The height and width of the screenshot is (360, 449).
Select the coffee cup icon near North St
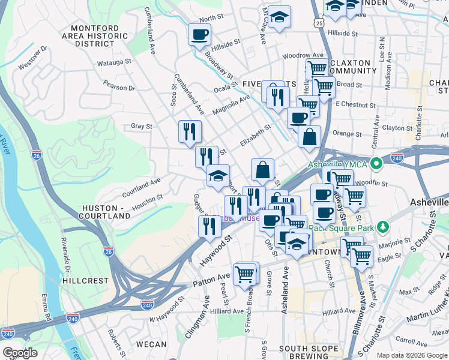click(199, 34)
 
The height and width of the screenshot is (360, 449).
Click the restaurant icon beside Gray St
click(190, 131)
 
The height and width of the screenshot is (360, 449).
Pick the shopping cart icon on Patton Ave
click(245, 274)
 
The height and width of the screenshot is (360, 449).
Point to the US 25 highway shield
click(319, 22)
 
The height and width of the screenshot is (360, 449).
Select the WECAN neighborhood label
click(151, 344)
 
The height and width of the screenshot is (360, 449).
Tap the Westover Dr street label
click(33, 56)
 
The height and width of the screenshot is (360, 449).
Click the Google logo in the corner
click(19, 353)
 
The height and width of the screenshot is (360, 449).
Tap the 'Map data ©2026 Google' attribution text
click(411, 355)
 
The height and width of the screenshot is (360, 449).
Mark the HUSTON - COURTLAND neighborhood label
click(106, 211)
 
